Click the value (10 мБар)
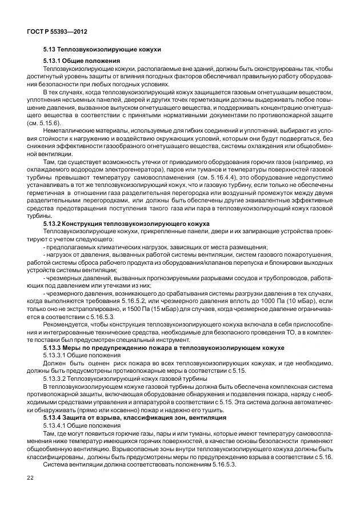coord(301,300)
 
